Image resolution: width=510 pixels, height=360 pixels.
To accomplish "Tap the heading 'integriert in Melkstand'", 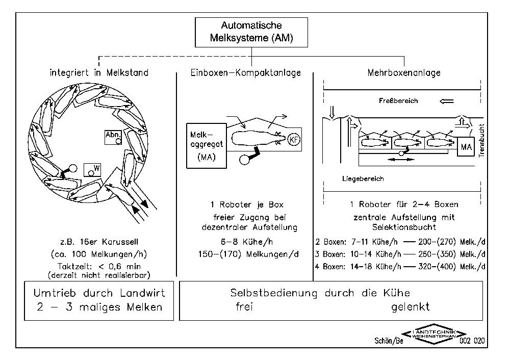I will tap(99, 73).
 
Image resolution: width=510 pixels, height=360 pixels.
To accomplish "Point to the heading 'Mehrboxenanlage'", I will tap(404, 73).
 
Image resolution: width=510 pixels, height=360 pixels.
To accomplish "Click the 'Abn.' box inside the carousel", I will tap(113, 136).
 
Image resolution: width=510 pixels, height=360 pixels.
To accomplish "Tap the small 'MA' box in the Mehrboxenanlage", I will tap(466, 147).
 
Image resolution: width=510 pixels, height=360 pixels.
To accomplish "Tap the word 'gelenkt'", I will tap(411, 307).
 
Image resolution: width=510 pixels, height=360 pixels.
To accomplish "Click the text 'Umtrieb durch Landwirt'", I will tap(99, 293).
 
